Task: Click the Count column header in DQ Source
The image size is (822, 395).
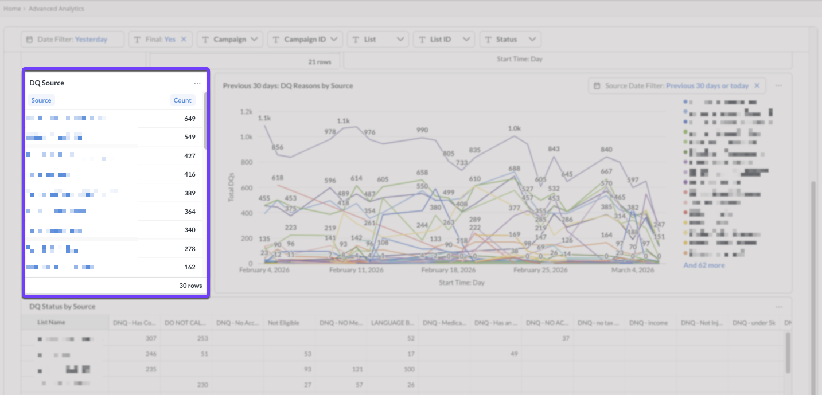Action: (x=182, y=100)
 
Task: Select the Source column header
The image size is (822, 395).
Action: (x=41, y=100)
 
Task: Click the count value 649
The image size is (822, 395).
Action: (x=190, y=119)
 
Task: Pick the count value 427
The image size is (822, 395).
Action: (x=190, y=156)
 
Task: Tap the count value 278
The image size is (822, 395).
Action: (x=190, y=249)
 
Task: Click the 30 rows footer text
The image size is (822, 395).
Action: (x=190, y=286)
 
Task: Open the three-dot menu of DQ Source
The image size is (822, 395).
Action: (x=197, y=83)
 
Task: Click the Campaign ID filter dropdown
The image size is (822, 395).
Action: (x=305, y=40)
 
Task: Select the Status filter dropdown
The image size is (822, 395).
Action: (x=510, y=40)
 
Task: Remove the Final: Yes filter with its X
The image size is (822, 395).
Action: (x=184, y=40)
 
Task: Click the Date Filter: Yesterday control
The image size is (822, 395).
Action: (x=73, y=40)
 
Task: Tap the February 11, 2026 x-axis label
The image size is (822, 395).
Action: (x=356, y=270)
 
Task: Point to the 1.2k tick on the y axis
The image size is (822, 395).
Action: (x=246, y=111)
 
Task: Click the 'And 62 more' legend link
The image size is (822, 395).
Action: (x=704, y=265)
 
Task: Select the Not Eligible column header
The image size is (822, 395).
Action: (x=283, y=323)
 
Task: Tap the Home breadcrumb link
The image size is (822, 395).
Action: (x=12, y=9)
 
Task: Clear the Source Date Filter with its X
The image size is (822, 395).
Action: (x=757, y=86)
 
